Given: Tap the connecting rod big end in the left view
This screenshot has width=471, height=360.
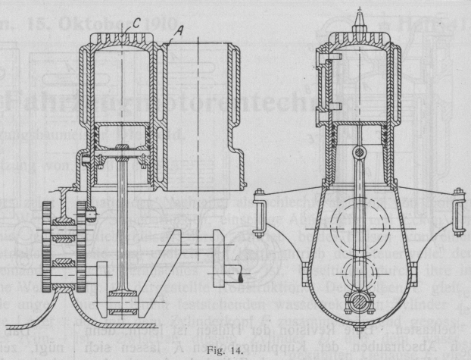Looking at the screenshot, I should click(121, 303).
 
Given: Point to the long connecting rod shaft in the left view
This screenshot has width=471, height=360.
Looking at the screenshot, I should click(121, 227).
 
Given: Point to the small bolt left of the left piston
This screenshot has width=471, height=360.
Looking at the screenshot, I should click(87, 162).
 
